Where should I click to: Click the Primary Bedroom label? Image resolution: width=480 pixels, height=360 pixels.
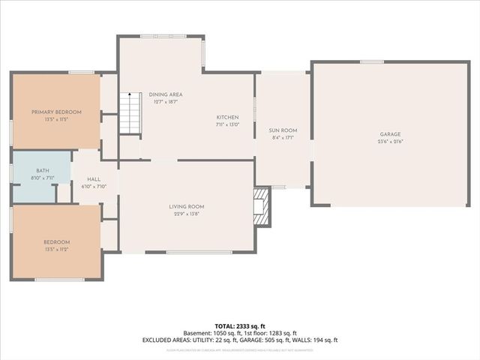point(56,112)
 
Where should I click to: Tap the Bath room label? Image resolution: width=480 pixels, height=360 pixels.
point(43,171)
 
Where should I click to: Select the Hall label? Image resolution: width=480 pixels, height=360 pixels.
point(94,179)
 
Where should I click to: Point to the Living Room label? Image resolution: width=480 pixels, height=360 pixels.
point(186,206)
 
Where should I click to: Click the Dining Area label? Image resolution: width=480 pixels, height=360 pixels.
point(166,94)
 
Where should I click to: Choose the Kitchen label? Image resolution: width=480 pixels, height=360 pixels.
point(227,118)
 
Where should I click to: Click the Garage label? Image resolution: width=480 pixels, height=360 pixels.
point(390,134)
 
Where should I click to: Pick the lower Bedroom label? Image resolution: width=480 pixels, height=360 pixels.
point(56,241)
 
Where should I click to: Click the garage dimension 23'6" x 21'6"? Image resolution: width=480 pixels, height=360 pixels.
point(390,141)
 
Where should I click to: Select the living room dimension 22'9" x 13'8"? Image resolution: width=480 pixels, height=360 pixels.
point(186,214)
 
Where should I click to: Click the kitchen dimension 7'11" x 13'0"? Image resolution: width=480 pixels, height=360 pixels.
point(227,124)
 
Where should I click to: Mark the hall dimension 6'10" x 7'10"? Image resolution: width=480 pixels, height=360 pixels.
point(94,187)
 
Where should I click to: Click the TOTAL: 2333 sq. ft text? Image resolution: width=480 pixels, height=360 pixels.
point(240,326)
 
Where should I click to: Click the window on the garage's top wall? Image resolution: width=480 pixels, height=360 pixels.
point(371,61)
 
